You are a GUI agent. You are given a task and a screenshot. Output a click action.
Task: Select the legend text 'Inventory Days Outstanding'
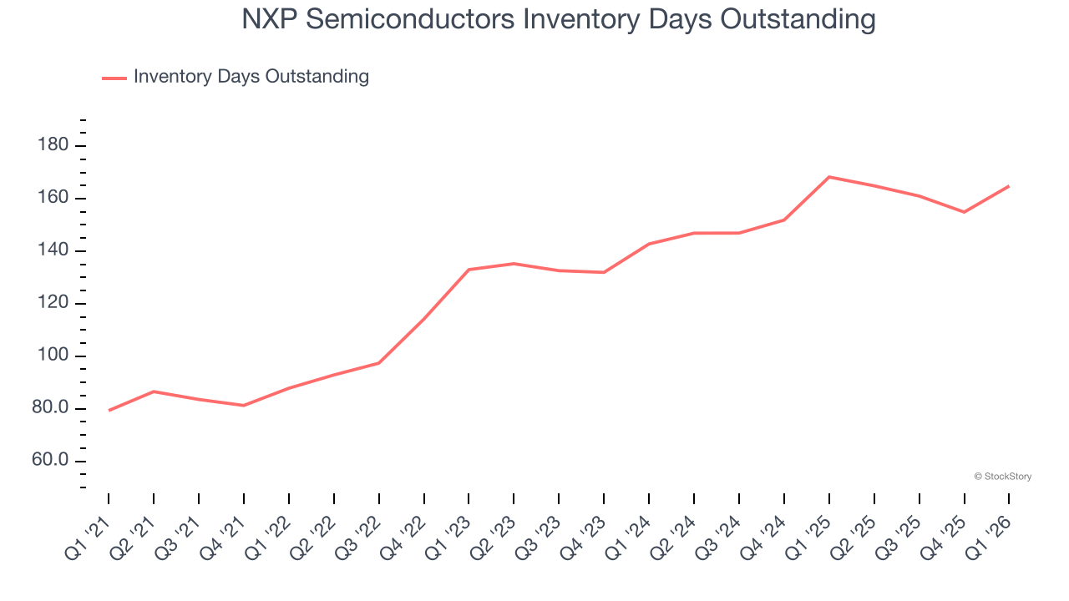(251, 77)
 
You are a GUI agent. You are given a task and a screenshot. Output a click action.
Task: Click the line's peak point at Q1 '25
(829, 177)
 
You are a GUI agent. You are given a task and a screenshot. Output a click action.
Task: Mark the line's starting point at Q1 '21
(109, 411)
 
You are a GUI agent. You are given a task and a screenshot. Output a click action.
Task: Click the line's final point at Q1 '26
(1009, 186)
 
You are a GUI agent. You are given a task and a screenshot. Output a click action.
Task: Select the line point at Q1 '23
(469, 270)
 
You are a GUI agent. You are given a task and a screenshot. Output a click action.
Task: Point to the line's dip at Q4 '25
(964, 212)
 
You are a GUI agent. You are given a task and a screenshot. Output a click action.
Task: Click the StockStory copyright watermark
(1002, 477)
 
